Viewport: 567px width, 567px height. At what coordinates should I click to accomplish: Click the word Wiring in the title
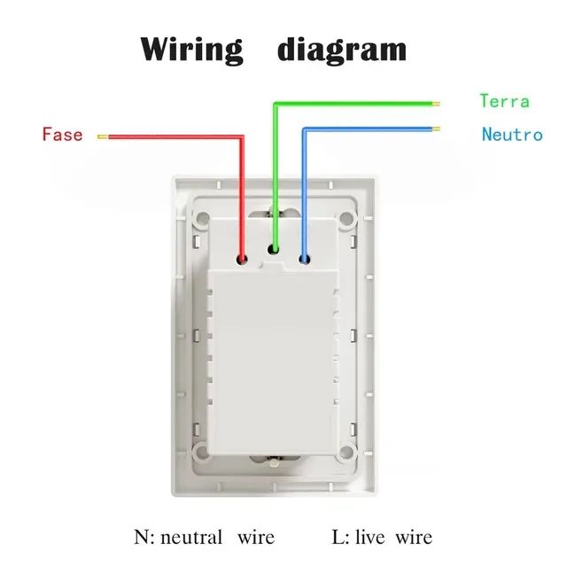pos(191,50)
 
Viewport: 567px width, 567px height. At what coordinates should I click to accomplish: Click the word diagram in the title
pos(342,50)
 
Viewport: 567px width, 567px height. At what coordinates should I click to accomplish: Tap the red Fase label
pos(63,134)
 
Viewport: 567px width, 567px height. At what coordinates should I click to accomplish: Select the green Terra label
pos(504,100)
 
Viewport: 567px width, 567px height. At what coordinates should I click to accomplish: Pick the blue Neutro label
pos(512,134)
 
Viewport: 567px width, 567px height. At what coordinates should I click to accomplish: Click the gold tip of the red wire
pos(103,136)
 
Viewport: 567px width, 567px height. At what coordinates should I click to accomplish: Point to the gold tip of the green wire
pos(436,105)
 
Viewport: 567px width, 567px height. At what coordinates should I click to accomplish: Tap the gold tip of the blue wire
pos(436,128)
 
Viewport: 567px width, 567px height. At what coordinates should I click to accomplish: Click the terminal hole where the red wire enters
pos(242,259)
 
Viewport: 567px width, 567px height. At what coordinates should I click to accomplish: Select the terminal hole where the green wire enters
pos(274,249)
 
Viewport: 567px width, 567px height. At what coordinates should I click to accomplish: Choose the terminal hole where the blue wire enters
pos(305,259)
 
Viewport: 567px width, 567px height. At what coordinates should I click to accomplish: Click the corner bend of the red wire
pos(242,137)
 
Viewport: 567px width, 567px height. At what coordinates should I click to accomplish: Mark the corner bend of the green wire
pos(276,105)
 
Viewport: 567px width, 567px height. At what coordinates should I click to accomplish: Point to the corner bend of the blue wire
pos(305,129)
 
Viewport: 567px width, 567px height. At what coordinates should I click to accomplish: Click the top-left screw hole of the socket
pos(203,218)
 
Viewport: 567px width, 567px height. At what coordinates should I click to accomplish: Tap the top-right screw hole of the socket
pos(346,218)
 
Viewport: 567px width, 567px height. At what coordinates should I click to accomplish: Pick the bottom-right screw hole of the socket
pos(346,451)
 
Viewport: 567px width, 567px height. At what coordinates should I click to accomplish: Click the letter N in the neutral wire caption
pos(141,537)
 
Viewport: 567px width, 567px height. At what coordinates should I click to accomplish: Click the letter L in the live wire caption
pos(338,537)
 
